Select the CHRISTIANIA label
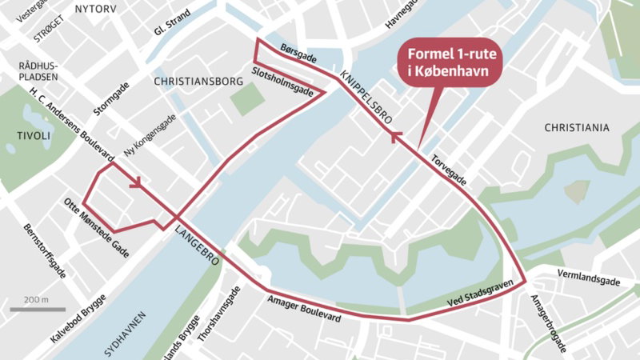576,128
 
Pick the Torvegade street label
448,169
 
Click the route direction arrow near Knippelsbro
394,138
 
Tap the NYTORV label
94,9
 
